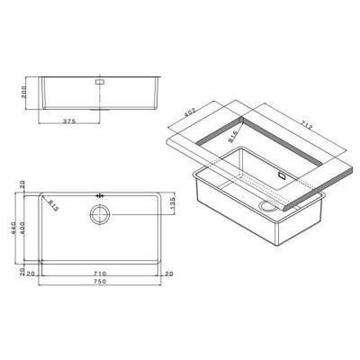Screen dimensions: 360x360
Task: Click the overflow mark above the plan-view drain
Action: tap(100, 193)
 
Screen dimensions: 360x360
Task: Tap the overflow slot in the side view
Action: tap(101, 79)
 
